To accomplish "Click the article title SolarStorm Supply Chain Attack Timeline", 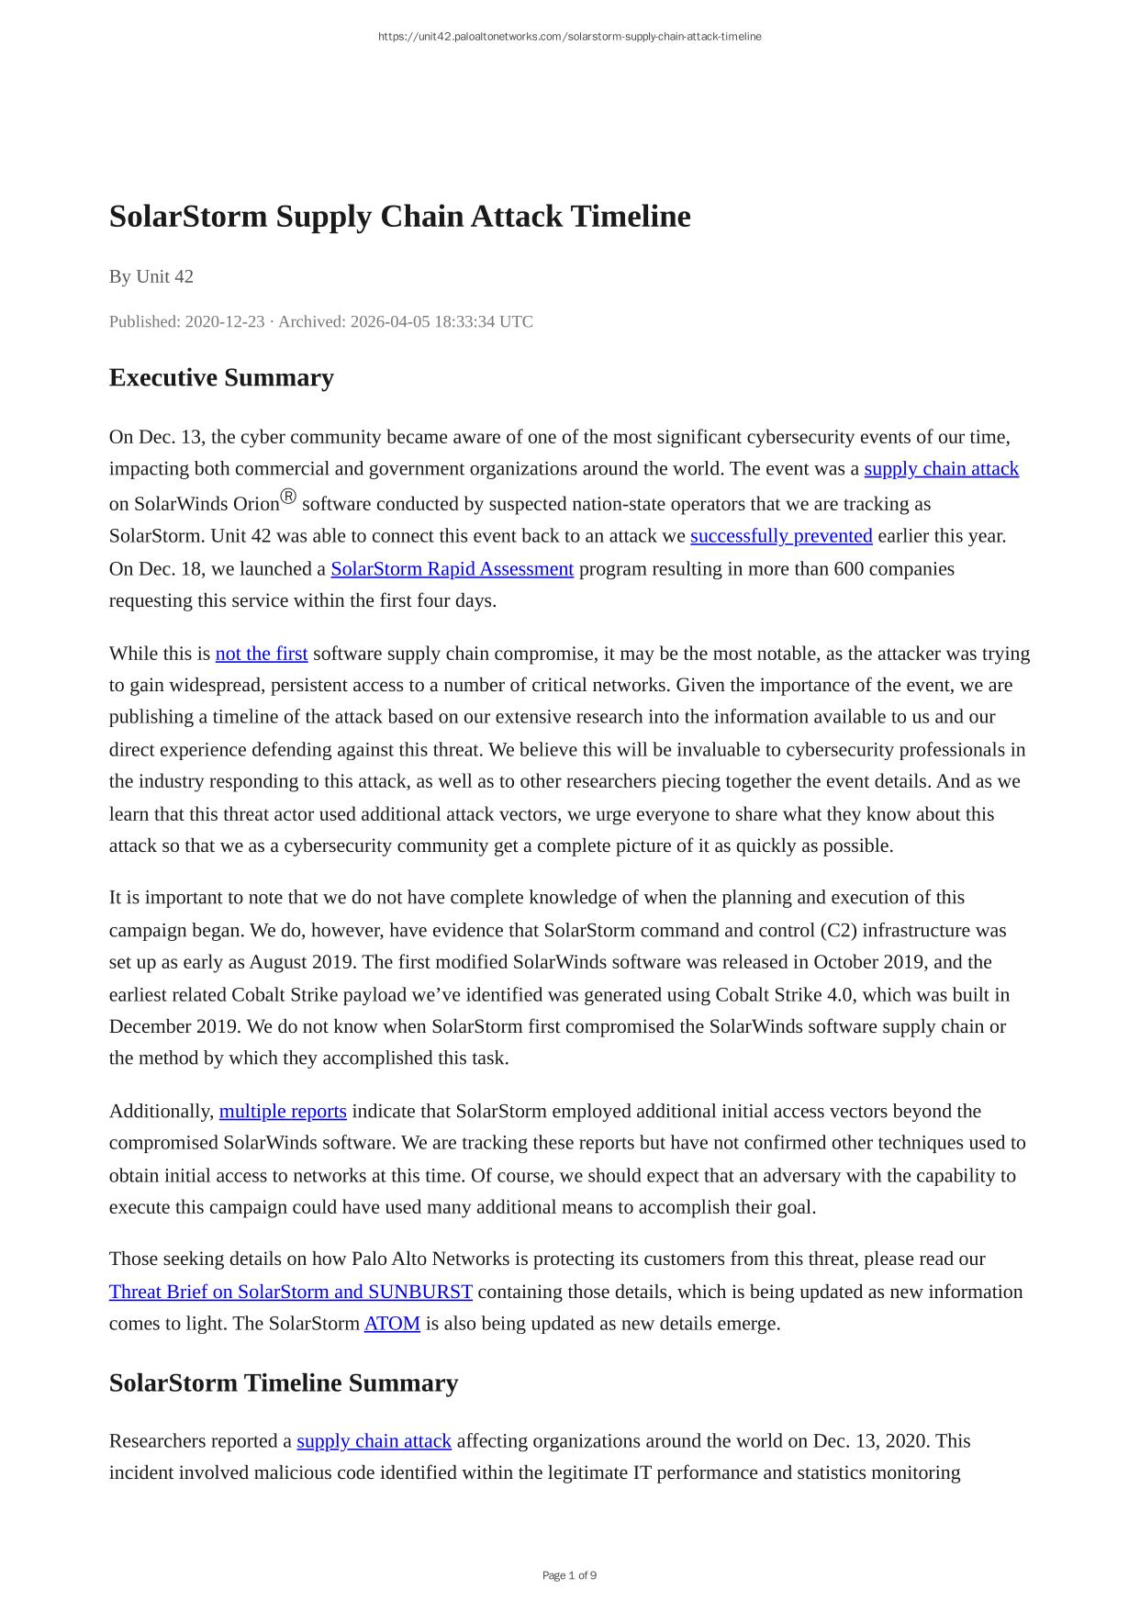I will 399,217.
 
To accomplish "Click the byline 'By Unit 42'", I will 151,276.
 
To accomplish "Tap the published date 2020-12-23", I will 224,321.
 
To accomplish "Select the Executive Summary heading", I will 221,377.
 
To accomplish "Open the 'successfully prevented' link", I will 781,536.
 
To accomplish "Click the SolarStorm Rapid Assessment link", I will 452,569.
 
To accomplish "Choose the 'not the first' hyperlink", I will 262,654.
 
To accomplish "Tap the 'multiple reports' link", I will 283,1111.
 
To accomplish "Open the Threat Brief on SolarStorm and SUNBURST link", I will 291,1292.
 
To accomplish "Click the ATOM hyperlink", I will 392,1324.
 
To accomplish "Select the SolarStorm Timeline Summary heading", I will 283,1383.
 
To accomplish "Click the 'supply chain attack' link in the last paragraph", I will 374,1440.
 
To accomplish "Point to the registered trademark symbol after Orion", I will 288,498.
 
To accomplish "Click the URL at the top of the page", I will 569,37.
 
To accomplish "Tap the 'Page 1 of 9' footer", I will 569,1575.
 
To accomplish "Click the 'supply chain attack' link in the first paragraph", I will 941,469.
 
